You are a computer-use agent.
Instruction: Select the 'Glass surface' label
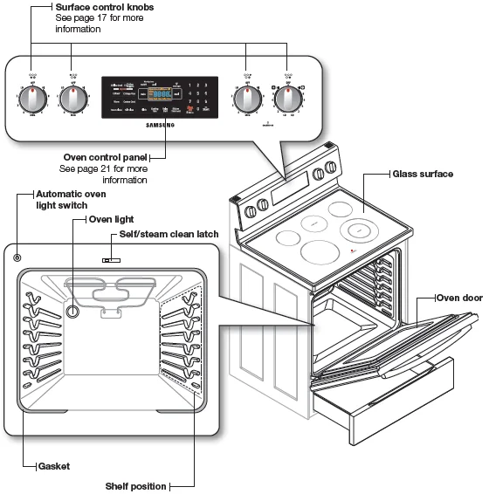click(x=423, y=175)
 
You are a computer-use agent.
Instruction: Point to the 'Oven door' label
click(x=459, y=298)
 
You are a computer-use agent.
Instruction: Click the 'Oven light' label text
click(x=112, y=220)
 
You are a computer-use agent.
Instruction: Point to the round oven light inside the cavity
click(x=73, y=312)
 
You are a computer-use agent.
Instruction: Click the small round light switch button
click(x=17, y=257)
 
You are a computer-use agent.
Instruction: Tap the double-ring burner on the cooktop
click(x=361, y=231)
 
